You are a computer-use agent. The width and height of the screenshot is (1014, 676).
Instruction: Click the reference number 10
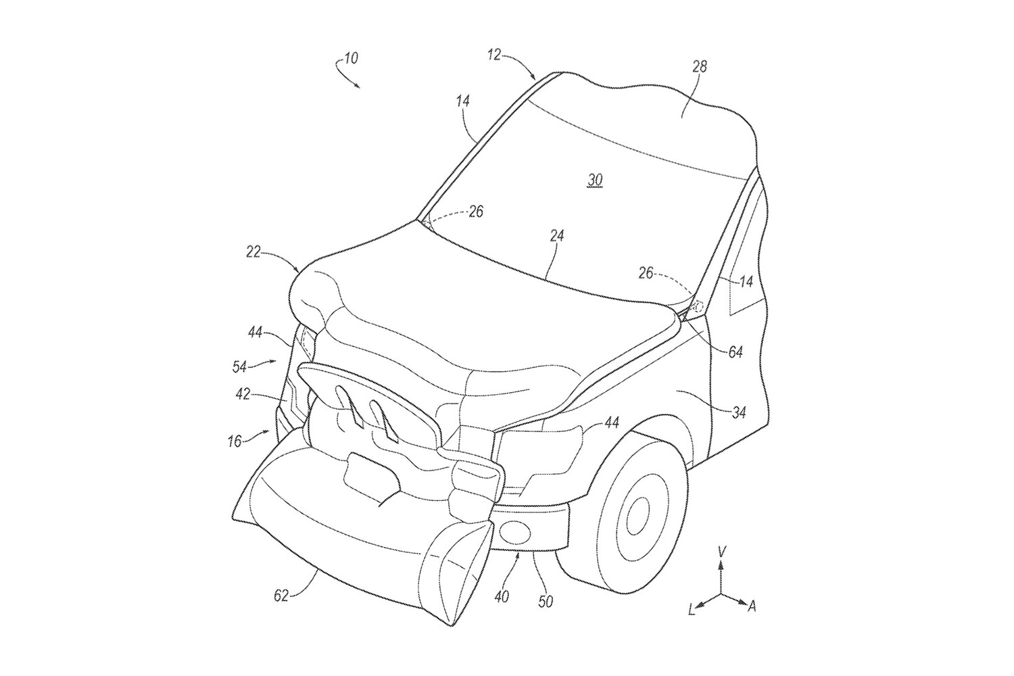350,58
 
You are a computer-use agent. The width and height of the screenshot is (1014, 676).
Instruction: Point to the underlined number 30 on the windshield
595,180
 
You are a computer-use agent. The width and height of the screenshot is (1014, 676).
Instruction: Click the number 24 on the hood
557,236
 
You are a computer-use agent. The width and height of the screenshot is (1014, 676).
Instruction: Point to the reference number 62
281,596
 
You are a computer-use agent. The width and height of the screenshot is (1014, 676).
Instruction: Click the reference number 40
502,596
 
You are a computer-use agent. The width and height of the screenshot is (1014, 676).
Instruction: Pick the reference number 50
545,600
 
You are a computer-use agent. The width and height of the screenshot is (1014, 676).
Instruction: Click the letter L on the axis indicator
692,610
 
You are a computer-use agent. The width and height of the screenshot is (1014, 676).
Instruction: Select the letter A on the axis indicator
751,606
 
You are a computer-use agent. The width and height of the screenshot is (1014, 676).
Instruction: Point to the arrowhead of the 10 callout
358,87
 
